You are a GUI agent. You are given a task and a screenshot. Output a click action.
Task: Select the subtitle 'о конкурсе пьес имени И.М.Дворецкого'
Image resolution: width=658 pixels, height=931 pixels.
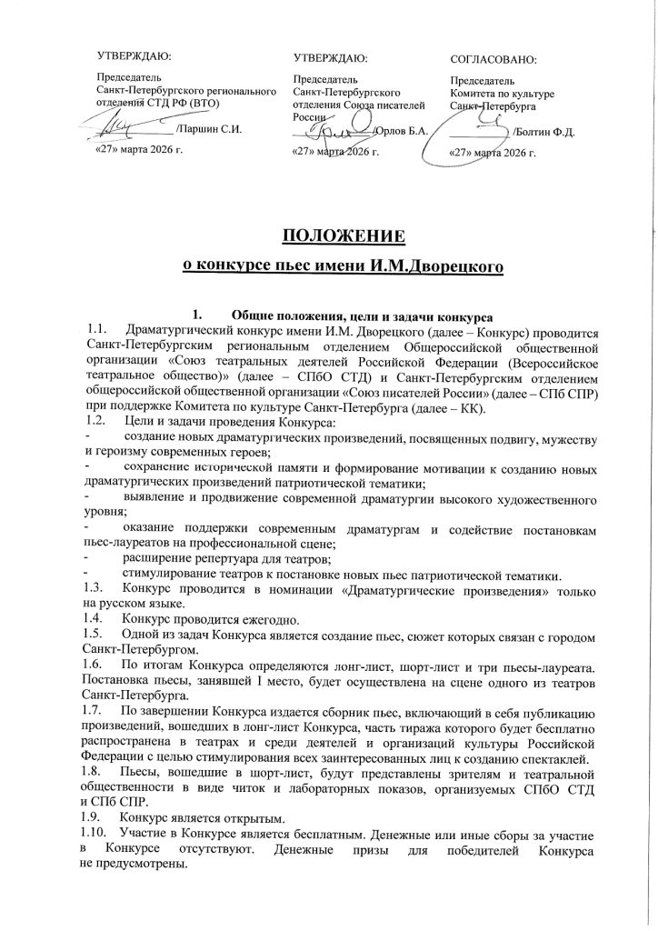point(328,265)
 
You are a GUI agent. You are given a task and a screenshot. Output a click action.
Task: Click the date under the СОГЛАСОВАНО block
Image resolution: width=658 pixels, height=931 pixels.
point(493,151)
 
